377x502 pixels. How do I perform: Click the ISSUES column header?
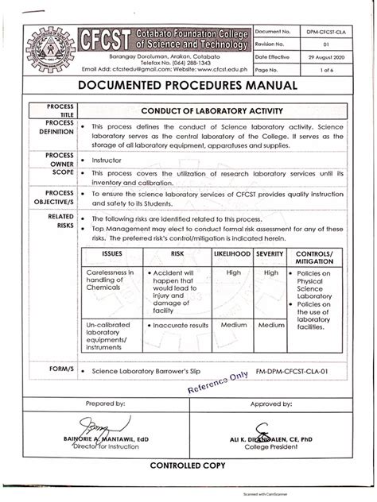pos(112,254)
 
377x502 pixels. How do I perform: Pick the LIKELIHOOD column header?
pos(231,254)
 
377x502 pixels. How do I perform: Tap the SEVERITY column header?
pos(271,254)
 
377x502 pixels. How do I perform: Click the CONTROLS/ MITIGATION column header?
pos(316,257)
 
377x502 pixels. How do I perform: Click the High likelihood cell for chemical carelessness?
pos(234,272)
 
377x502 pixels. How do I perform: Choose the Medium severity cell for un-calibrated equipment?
pos(271,325)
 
